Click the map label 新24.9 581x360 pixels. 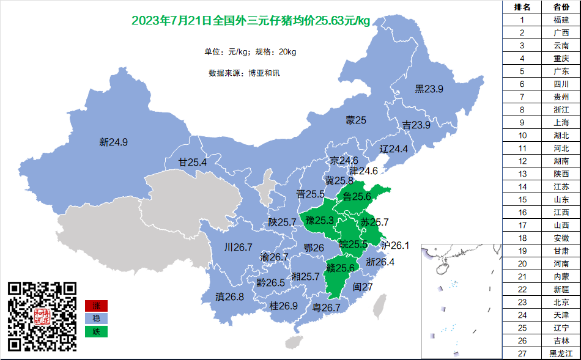(x=113, y=142)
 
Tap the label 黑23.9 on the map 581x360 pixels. (x=429, y=89)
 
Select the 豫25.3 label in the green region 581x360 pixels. (x=319, y=220)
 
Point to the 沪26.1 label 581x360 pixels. (x=394, y=245)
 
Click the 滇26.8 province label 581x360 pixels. (x=229, y=297)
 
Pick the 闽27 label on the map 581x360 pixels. (x=363, y=287)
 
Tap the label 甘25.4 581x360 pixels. (x=192, y=163)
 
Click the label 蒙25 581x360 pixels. (x=355, y=120)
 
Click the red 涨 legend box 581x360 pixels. (x=96, y=306)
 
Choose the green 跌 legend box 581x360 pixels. (x=96, y=331)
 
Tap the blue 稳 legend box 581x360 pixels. (x=96, y=318)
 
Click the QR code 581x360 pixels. (x=42, y=316)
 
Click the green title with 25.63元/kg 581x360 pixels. (x=251, y=21)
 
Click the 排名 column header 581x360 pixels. (x=522, y=7)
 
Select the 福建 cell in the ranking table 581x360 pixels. (x=561, y=20)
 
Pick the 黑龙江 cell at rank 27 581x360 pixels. (x=561, y=353)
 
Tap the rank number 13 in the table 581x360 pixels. (x=522, y=174)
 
